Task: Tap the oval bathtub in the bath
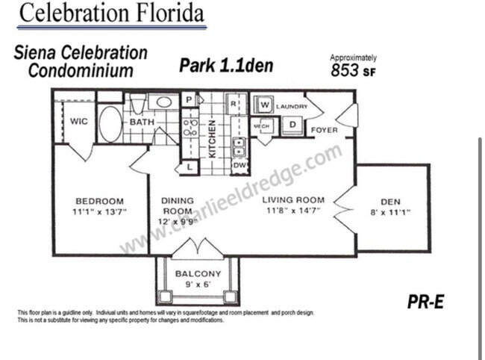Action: (x=110, y=124)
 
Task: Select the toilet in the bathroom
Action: (x=138, y=104)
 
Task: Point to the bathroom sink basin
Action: (x=163, y=102)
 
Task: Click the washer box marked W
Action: (x=264, y=106)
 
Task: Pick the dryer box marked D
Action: (x=292, y=124)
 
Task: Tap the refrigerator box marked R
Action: (x=233, y=102)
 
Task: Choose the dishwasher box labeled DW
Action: (x=239, y=165)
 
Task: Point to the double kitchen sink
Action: (x=239, y=143)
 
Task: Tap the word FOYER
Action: (x=324, y=130)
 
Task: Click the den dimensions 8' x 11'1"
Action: (x=390, y=213)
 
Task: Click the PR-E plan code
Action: (x=426, y=302)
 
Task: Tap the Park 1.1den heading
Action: (x=226, y=66)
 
